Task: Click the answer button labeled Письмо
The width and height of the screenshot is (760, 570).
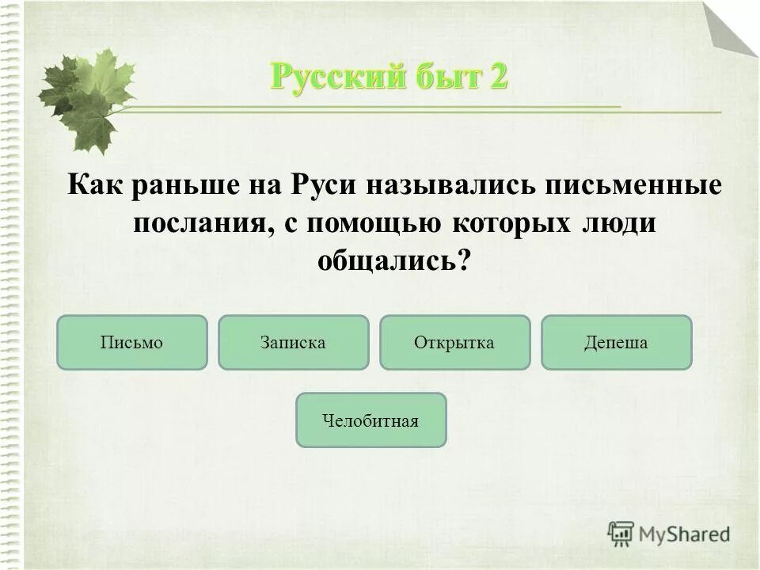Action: (131, 343)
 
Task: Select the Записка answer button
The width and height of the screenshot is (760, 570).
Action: (293, 343)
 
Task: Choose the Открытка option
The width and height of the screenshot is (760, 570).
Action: (454, 343)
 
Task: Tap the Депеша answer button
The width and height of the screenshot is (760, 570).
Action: (616, 343)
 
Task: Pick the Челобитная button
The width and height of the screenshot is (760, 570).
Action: (370, 420)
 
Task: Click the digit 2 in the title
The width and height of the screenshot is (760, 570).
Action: (496, 78)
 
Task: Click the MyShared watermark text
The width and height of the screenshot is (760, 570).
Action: (684, 534)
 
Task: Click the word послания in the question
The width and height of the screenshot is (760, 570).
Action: (198, 222)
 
